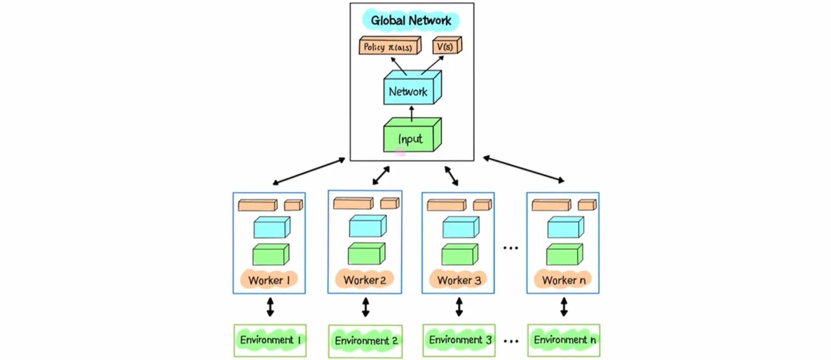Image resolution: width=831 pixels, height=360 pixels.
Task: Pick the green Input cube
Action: tap(411, 137)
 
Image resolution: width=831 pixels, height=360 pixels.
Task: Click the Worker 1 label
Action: tap(269, 280)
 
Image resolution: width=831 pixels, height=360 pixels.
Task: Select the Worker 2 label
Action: tap(365, 280)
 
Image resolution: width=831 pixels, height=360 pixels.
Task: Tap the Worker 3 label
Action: tap(459, 280)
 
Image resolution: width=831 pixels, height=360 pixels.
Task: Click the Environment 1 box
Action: tap(270, 340)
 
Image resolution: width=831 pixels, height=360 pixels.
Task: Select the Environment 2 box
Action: tap(366, 340)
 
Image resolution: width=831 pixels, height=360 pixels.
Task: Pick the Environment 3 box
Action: tap(459, 340)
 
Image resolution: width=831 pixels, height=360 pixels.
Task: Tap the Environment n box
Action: tap(564, 340)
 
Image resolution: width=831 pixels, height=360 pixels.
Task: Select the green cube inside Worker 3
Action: tap(459, 254)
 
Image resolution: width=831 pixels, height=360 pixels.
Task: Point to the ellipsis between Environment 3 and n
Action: tap(511, 340)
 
